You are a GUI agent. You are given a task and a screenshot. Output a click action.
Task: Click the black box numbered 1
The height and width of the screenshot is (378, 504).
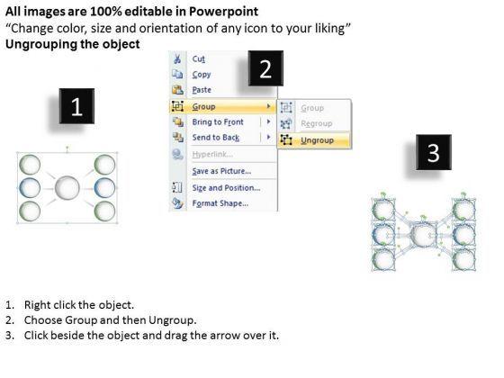coord(76,106)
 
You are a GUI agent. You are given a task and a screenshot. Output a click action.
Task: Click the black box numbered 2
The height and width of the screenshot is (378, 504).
coord(265,68)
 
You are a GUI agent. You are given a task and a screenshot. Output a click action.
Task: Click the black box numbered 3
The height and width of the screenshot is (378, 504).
coord(434,152)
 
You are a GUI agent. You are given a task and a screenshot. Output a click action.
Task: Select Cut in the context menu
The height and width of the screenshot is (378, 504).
coord(198,59)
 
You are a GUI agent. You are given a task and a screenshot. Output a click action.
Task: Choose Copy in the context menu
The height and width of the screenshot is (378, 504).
coord(202,75)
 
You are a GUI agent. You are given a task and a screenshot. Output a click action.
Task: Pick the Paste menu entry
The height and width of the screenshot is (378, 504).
coord(202,90)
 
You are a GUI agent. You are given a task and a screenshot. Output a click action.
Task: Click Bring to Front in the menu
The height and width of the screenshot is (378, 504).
coord(218,122)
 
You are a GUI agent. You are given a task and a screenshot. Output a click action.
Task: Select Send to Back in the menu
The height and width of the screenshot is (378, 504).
coord(216,138)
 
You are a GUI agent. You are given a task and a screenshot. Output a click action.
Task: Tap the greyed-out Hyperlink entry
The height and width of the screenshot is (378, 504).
coord(212,155)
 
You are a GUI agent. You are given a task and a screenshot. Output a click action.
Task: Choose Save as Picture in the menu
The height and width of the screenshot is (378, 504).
coord(221,171)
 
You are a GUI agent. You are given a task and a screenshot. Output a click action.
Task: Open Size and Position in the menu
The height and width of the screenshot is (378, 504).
coord(226,188)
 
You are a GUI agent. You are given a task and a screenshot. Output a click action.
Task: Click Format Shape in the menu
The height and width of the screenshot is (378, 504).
coord(220,203)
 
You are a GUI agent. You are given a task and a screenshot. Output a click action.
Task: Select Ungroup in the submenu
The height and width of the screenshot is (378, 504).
coord(317,140)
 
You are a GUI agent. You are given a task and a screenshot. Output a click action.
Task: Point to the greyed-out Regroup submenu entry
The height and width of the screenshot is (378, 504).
coord(316,123)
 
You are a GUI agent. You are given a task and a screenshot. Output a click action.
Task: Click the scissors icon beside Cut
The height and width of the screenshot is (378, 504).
coord(177,59)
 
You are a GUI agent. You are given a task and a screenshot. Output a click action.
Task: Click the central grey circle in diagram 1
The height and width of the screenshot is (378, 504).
coord(67,188)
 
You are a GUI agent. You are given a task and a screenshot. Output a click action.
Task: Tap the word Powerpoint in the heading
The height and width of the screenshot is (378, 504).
coord(223,12)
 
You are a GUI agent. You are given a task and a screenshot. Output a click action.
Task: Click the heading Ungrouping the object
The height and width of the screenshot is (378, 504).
coord(73,44)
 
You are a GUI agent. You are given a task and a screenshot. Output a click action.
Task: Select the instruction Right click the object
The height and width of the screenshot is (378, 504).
coord(79,305)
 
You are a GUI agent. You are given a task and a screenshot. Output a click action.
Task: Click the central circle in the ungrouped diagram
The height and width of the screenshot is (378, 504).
coord(423,236)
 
